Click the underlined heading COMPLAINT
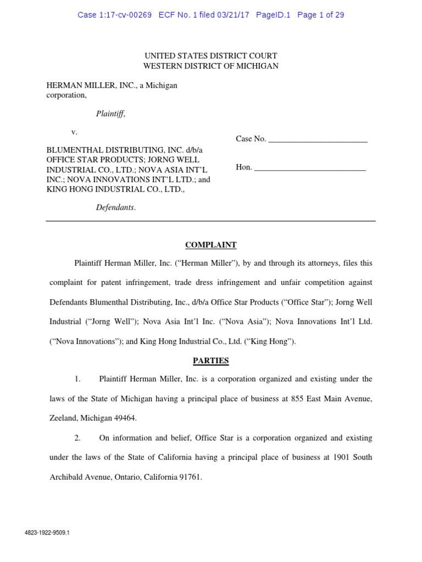(210, 245)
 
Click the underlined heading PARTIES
(210, 361)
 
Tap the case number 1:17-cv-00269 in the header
(127, 15)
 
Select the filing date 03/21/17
(233, 15)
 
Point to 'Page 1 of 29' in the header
(321, 15)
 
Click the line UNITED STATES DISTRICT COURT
(210, 56)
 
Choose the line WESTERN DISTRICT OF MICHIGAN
(210, 66)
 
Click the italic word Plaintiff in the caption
(110, 114)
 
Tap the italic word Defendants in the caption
(115, 208)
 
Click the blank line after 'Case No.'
(318, 139)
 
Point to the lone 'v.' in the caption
(75, 132)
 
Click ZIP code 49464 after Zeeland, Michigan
(125, 418)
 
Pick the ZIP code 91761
(190, 477)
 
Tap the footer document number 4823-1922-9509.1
(47, 533)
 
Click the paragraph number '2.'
(78, 438)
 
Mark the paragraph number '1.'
(78, 379)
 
